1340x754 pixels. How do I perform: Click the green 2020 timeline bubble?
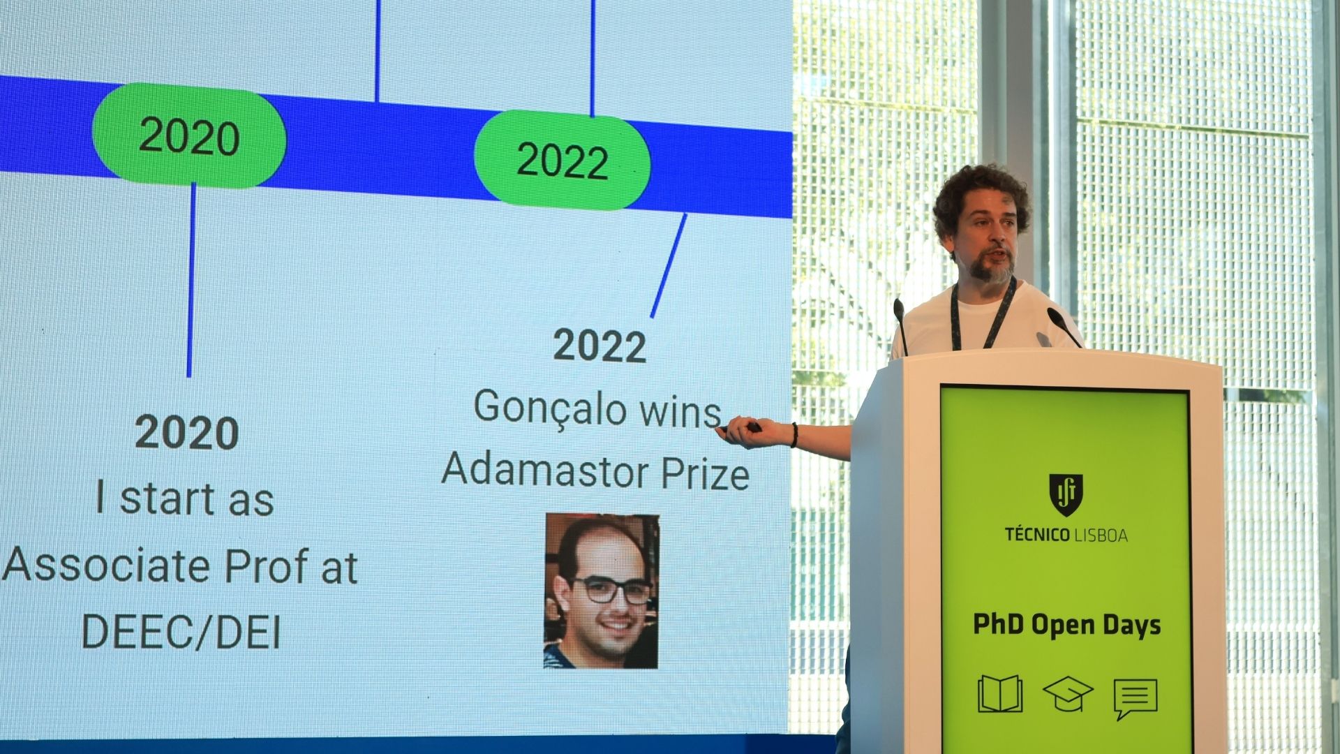click(189, 135)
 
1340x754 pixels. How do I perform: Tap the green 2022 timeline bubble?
click(563, 160)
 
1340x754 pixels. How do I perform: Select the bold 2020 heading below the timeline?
click(187, 433)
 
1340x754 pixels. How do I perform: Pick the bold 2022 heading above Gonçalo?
click(600, 346)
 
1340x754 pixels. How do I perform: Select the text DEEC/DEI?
click(181, 632)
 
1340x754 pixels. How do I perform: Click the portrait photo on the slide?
click(602, 591)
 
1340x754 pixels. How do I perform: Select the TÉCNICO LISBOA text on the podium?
click(1066, 535)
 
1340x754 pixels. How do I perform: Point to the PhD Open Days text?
click(1066, 625)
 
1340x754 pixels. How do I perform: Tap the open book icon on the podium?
click(1000, 694)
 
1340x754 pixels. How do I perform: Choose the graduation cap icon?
click(1068, 693)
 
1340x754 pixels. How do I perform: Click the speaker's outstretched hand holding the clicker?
click(743, 434)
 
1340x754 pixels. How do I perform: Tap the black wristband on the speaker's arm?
click(794, 435)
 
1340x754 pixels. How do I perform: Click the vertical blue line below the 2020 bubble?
click(191, 280)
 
